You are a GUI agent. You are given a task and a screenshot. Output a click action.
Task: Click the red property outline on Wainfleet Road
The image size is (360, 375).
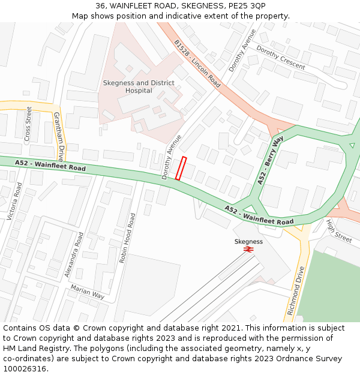click(x=181, y=168)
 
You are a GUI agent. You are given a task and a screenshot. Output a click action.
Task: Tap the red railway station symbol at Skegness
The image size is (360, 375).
click(x=248, y=248)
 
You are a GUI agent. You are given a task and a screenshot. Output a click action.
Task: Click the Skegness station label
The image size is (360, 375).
click(x=248, y=241)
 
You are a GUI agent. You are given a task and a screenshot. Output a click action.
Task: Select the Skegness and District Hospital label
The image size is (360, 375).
click(x=139, y=87)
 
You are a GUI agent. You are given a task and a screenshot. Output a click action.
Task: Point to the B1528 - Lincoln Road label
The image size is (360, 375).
click(x=197, y=64)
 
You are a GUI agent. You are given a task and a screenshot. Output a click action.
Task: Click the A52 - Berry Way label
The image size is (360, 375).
click(x=271, y=160)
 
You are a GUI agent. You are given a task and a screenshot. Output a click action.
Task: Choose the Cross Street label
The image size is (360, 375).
click(x=28, y=124)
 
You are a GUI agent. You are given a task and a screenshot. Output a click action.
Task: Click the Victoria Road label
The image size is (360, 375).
click(x=13, y=201)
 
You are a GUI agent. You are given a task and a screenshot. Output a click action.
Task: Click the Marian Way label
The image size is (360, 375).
click(x=87, y=292)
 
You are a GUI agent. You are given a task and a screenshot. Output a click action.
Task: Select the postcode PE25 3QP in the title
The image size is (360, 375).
click(x=248, y=6)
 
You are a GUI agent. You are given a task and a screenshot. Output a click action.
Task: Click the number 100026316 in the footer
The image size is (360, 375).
click(x=25, y=368)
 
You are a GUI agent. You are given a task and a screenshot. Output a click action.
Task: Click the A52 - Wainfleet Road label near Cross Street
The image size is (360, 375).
click(x=51, y=165)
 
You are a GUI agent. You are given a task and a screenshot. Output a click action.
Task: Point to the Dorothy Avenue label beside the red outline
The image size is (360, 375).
click(x=171, y=157)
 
